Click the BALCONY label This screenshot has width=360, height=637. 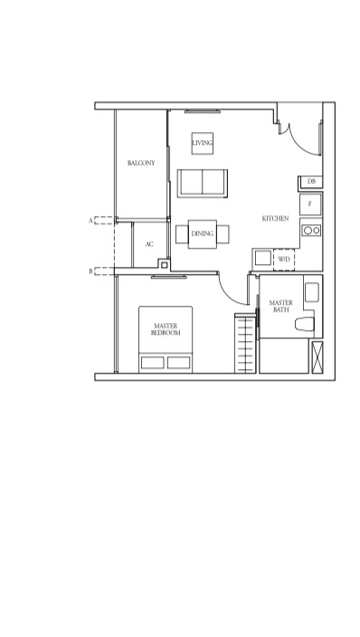pyautogui.click(x=141, y=163)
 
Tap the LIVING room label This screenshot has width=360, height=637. pyautogui.click(x=202, y=143)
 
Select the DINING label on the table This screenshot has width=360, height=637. pyautogui.click(x=203, y=233)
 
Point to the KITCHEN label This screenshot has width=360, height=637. pyautogui.click(x=275, y=219)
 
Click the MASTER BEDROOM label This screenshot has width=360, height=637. pyautogui.click(x=166, y=329)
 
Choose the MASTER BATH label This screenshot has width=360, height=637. pyautogui.click(x=280, y=306)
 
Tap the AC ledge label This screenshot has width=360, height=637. pyautogui.click(x=149, y=244)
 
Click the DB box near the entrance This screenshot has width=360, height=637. pyautogui.click(x=311, y=182)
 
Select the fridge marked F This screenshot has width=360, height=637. pyautogui.click(x=310, y=204)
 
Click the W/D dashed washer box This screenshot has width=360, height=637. pyautogui.click(x=284, y=260)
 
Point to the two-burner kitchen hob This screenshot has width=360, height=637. pyautogui.click(x=311, y=231)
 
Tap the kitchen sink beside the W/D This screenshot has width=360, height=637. pyautogui.click(x=263, y=258)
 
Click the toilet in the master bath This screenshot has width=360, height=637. pyautogui.click(x=304, y=324)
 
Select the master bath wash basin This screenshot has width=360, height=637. pyautogui.click(x=312, y=292)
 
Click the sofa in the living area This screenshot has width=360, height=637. pyautogui.click(x=203, y=183)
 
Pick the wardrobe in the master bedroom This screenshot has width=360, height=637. pyautogui.click(x=245, y=343)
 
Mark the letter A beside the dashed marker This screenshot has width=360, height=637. pyautogui.click(x=90, y=221)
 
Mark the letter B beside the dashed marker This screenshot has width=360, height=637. pyautogui.click(x=90, y=271)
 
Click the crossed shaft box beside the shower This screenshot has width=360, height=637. pyautogui.click(x=317, y=357)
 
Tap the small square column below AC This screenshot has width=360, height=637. pyautogui.click(x=164, y=265)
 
